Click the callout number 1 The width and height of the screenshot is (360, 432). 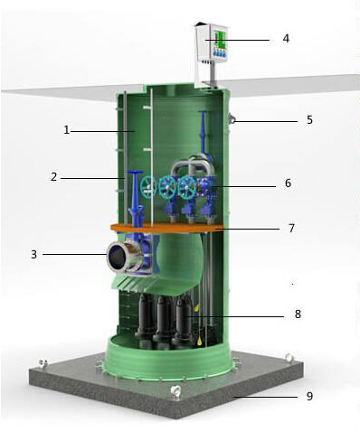pos(67,130)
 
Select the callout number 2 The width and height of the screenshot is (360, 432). pos(53,176)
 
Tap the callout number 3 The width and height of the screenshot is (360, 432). pos(33,255)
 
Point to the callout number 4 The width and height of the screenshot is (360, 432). pos(286,39)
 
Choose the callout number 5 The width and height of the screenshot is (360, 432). pos(309,120)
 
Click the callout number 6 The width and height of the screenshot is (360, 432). pos(288,183)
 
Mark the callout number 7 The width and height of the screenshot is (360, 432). pos(291,228)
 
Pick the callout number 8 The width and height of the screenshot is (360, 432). pos(298,315)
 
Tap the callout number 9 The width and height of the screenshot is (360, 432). pos(309,396)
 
